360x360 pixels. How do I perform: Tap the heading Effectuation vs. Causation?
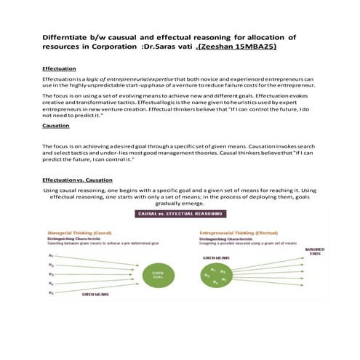coord(77,178)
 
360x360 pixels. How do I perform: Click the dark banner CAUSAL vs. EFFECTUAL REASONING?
coord(180,214)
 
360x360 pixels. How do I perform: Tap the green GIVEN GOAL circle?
coord(159,274)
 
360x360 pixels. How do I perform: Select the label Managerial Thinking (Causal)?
coord(80,233)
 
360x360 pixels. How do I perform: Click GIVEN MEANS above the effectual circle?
coord(216,257)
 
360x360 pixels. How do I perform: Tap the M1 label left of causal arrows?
coord(50,255)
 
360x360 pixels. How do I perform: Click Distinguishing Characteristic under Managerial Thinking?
coord(76,239)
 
